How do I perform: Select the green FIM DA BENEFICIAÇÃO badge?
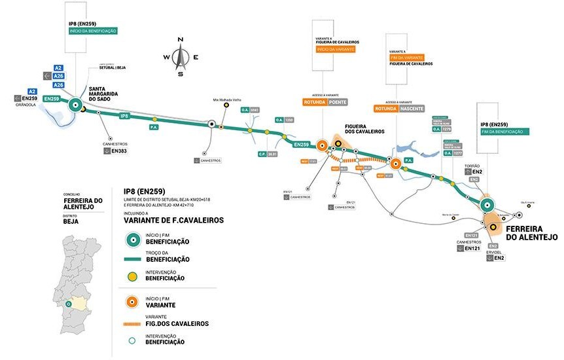point(504,132)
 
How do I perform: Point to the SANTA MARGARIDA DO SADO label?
point(103,98)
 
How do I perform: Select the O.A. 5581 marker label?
point(251,110)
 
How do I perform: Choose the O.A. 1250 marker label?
point(284,120)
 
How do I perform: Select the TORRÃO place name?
point(472,166)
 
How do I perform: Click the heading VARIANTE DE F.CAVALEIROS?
point(173,221)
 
